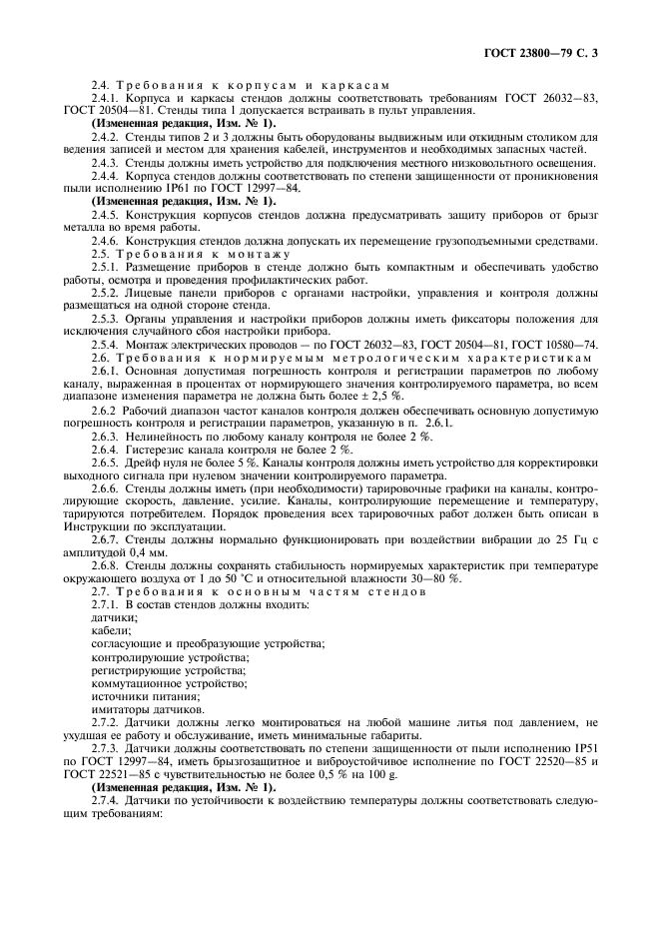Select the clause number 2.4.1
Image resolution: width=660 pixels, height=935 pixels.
point(107,100)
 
